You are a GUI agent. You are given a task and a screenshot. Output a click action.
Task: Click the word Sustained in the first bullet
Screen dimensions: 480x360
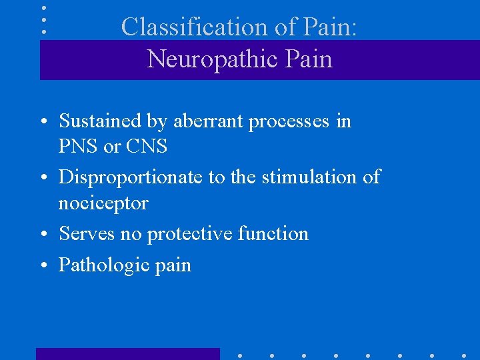pyautogui.click(x=100, y=121)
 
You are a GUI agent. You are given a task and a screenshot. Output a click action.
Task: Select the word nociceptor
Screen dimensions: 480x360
pyautogui.click(x=103, y=203)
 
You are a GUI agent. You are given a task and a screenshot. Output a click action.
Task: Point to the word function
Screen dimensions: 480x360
pyautogui.click(x=273, y=233)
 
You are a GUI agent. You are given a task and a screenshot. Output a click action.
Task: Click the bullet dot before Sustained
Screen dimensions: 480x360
pyautogui.click(x=43, y=123)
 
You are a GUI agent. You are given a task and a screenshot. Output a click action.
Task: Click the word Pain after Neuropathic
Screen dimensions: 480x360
pyautogui.click(x=307, y=59)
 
